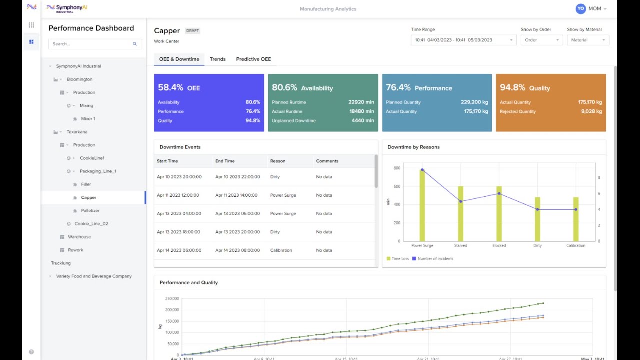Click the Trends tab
coord(217,59)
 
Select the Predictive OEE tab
coord(253,59)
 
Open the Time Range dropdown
coord(463,40)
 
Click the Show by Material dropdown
coord(588,40)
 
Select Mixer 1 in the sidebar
coord(88,119)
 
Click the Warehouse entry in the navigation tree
coord(79,237)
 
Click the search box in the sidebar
coord(95,44)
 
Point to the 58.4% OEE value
coord(171,88)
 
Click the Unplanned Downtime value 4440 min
coord(362,121)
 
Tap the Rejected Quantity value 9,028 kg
coord(591,112)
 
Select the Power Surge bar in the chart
coord(422,206)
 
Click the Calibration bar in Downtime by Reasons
coord(576,219)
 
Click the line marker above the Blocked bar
coord(499,193)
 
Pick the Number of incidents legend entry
coord(432,259)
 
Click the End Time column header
coord(225,161)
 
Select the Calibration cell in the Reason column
coord(281,250)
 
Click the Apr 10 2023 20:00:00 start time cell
coord(179,177)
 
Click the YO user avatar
coord(580,9)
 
